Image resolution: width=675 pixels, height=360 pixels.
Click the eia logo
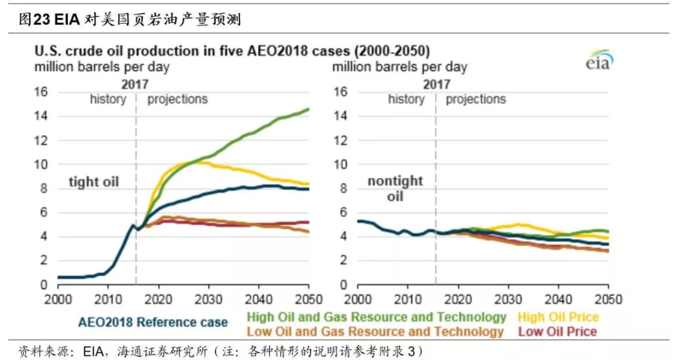pos(599,60)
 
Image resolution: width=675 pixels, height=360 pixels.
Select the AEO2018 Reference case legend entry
pos(153,322)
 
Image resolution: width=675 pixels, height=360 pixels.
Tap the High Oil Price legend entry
pos(558,317)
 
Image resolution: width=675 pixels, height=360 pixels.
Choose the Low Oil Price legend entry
pos(557,332)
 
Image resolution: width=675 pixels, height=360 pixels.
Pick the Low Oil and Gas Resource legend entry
pos(375,332)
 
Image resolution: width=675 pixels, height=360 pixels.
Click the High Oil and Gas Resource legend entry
pos(376,317)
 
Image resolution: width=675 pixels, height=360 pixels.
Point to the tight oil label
pos(93,182)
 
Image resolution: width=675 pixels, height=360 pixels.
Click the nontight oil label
pos(395,189)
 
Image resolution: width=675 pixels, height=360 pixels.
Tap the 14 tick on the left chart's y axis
pos(41,116)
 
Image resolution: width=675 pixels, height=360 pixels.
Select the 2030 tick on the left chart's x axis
pos(208,299)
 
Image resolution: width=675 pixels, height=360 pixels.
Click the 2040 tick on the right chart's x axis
pos(558,299)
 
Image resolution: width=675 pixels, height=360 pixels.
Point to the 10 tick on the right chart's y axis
pos(341,164)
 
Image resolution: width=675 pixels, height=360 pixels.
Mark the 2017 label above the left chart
pos(135,84)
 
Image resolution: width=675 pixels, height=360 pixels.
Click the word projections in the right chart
pos(476,99)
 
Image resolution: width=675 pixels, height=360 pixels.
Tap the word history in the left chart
pos(108,99)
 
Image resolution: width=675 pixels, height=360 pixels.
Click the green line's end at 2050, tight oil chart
pos(308,109)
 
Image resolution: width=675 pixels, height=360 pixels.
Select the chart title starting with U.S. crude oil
pos(232,51)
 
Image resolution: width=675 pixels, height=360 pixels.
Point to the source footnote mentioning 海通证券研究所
pos(221,351)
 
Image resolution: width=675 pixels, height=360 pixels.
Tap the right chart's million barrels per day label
pos(399,67)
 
